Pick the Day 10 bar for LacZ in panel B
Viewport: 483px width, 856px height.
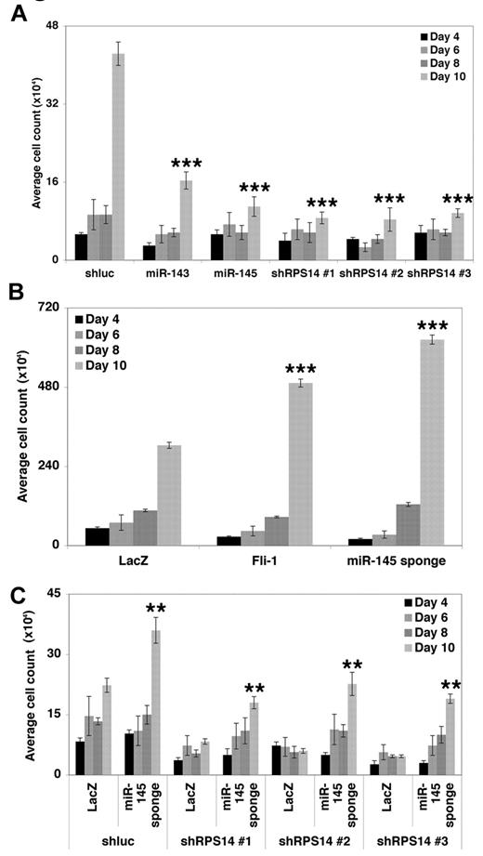pyautogui.click(x=169, y=494)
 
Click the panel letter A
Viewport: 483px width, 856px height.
pyautogui.click(x=15, y=15)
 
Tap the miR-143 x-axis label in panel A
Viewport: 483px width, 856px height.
pyautogui.click(x=167, y=274)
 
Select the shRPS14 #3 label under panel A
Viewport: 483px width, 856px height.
pyautogui.click(x=439, y=274)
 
